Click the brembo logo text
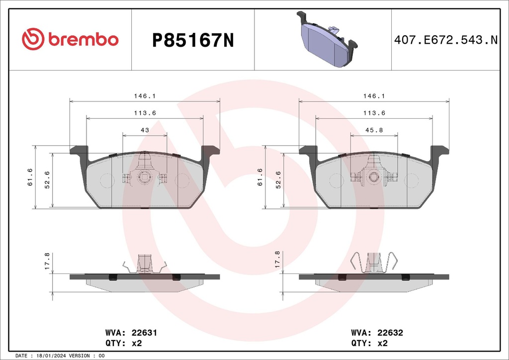tap(83, 40)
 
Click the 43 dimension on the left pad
tap(145, 130)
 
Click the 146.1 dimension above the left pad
tap(145, 96)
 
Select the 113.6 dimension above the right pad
tap(374, 113)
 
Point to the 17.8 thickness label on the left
tap(47, 261)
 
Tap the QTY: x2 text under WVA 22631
tap(124, 343)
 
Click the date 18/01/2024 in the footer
tap(49, 356)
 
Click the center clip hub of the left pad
tap(145, 177)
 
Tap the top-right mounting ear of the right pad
tap(439, 150)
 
